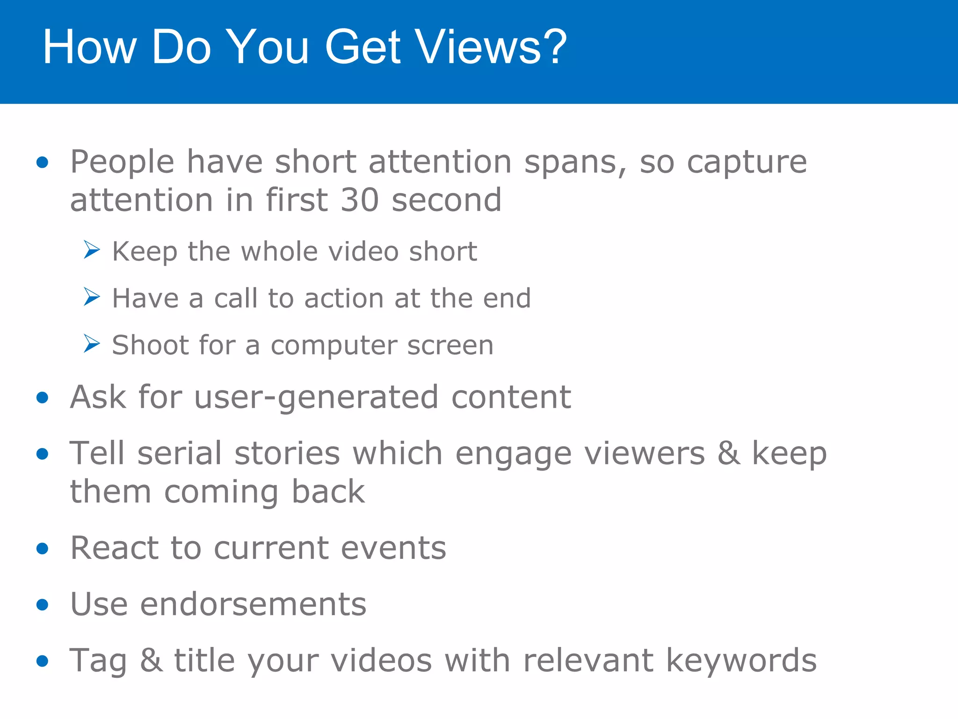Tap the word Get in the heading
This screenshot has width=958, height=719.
(363, 47)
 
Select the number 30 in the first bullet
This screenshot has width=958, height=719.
(359, 200)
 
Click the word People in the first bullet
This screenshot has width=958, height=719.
(122, 162)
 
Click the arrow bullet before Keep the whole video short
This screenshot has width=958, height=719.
(92, 249)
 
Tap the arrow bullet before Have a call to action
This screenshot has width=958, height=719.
(92, 296)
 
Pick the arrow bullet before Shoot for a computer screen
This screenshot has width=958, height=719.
(92, 343)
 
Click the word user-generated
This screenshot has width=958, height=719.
(316, 398)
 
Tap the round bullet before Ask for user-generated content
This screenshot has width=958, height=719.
(43, 398)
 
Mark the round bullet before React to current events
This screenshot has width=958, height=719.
(43, 548)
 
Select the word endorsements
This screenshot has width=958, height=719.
(253, 604)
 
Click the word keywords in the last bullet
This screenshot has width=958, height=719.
(741, 661)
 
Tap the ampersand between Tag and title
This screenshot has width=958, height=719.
(151, 660)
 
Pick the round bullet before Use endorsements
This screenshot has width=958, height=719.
(43, 604)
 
